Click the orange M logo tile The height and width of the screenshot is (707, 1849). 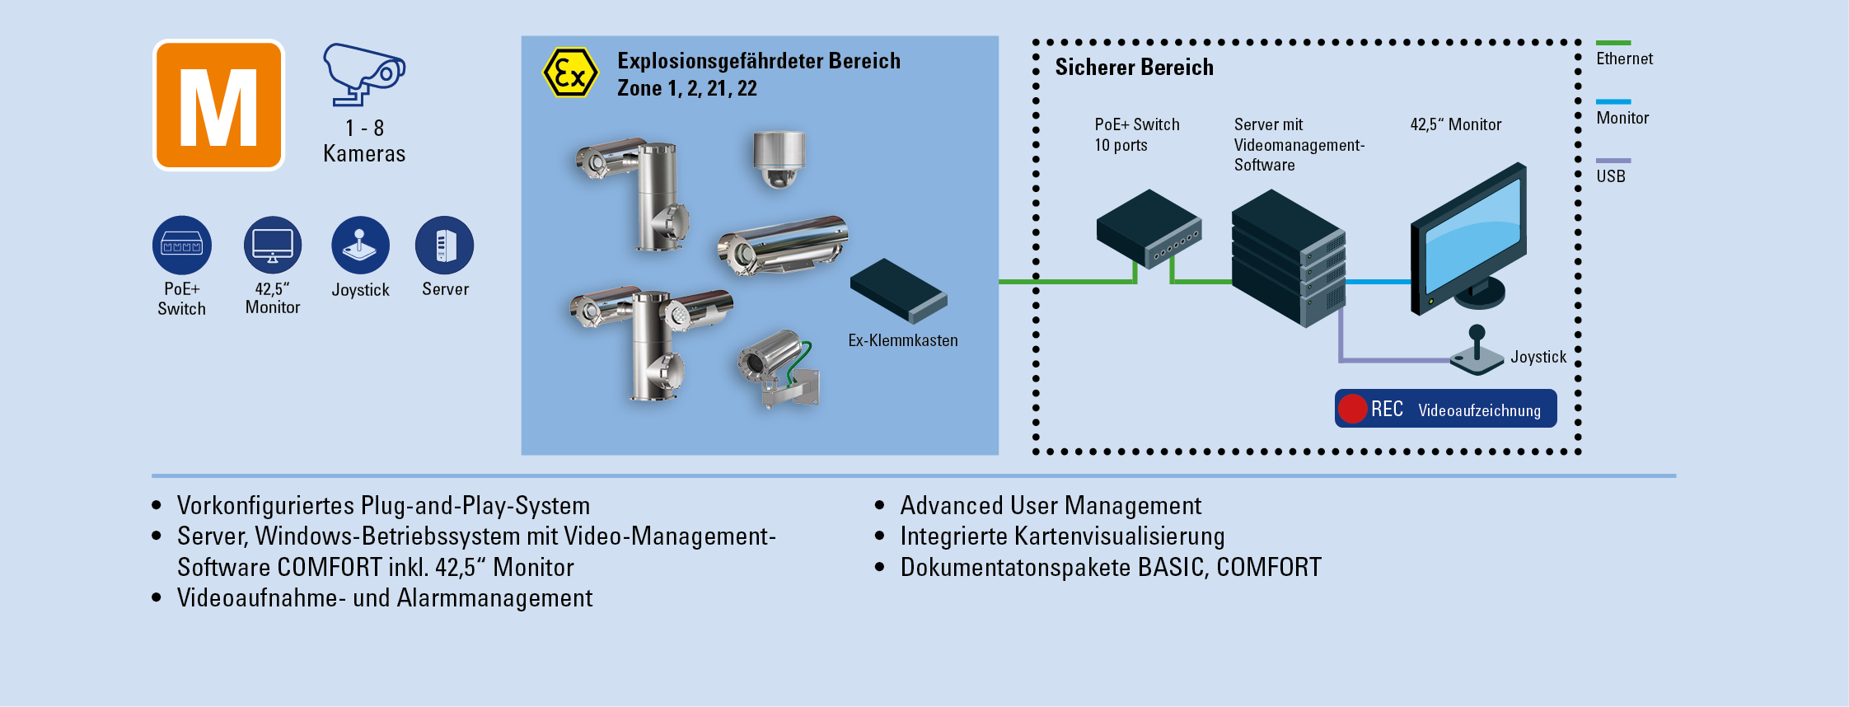(x=218, y=105)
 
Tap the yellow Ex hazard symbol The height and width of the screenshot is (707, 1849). (x=569, y=73)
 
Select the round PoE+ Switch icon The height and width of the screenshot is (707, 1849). (x=182, y=246)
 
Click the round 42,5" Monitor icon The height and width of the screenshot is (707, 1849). (x=273, y=246)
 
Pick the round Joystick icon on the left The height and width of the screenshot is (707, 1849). (x=360, y=246)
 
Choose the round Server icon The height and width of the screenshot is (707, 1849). (x=445, y=246)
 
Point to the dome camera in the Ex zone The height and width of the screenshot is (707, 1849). (x=778, y=158)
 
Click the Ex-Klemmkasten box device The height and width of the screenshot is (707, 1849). (x=898, y=291)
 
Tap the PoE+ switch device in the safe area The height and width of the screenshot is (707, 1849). (x=1149, y=228)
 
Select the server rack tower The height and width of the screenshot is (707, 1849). (x=1288, y=257)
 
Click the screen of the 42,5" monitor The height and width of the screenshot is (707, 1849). (x=1472, y=233)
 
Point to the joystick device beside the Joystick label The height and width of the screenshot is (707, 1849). (x=1477, y=352)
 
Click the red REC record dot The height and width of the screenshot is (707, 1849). (x=1353, y=409)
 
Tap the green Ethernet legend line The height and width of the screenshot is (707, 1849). (x=1613, y=43)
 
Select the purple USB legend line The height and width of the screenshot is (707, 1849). (x=1613, y=161)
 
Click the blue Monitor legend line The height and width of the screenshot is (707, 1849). (x=1613, y=102)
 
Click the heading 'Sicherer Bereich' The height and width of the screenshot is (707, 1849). (x=1134, y=68)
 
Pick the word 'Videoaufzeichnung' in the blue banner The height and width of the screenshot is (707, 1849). (x=1479, y=410)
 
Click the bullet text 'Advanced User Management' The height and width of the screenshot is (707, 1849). (x=1051, y=505)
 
